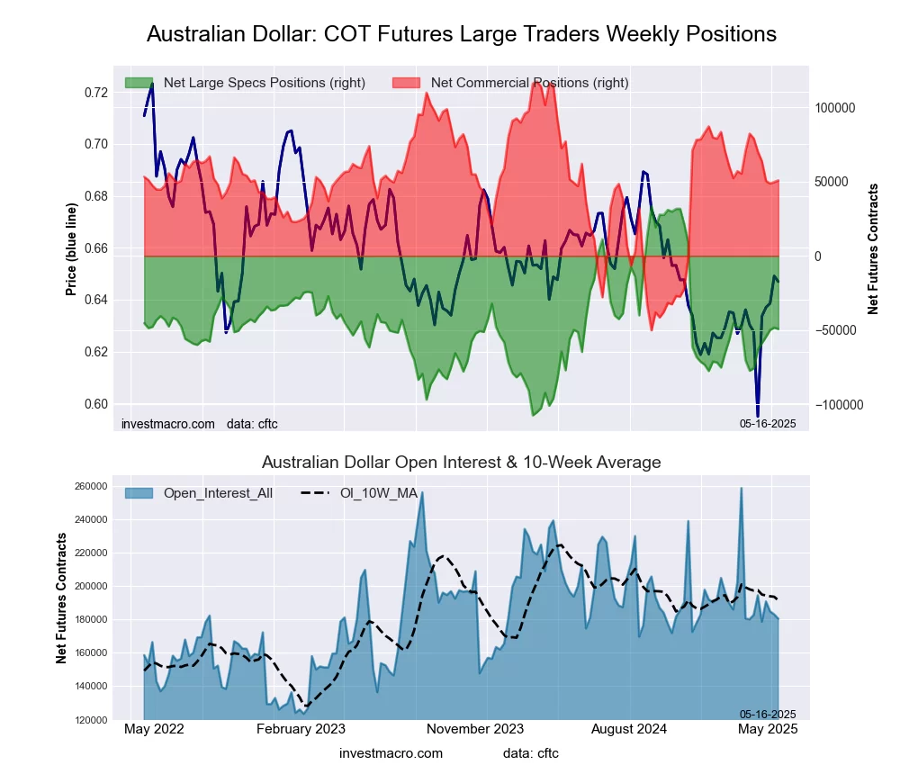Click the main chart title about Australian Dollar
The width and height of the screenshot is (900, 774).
[461, 34]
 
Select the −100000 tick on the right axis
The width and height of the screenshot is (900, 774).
[838, 405]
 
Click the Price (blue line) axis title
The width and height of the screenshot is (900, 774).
[72, 247]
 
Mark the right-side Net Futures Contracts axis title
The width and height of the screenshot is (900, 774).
[873, 248]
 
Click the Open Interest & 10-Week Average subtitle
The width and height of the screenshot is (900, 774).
[461, 463]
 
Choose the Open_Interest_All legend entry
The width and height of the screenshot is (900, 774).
[218, 492]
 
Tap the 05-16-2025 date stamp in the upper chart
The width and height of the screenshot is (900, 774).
[768, 423]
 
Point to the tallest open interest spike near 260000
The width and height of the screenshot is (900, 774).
[741, 489]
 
